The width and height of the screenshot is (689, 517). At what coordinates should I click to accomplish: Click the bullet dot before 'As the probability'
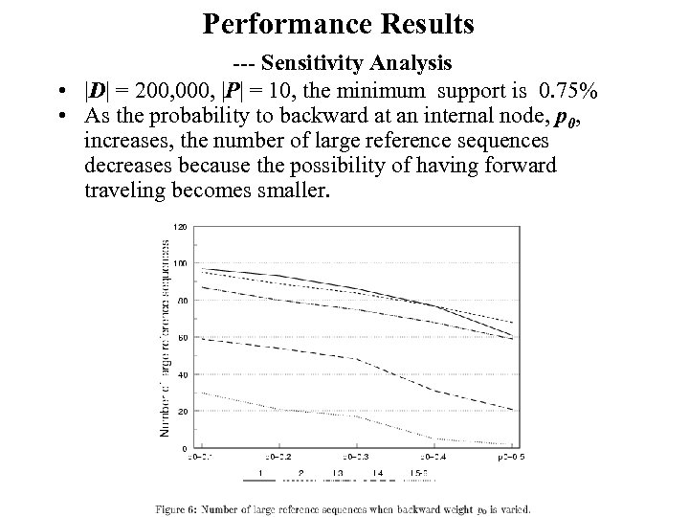(60, 117)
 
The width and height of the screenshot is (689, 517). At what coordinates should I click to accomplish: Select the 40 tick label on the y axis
(183, 374)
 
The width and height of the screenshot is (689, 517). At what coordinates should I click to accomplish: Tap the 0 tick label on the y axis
(185, 448)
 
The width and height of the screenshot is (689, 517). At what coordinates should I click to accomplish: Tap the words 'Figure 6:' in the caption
(184, 508)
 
